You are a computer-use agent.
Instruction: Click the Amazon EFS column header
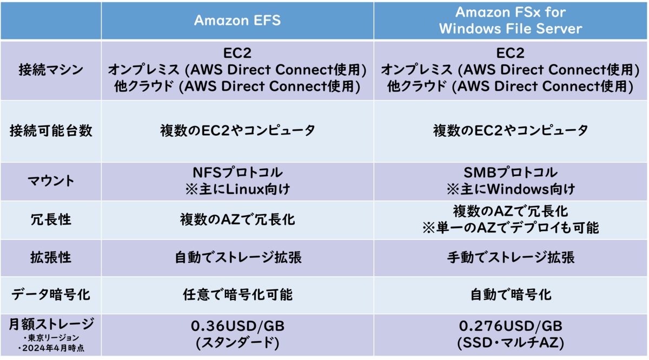(x=237, y=21)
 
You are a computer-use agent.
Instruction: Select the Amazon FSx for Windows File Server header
(x=510, y=21)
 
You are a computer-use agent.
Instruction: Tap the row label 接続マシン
(x=50, y=70)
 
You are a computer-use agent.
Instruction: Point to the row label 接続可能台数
(x=50, y=131)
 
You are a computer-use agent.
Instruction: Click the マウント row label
(x=50, y=181)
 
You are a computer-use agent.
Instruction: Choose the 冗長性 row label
(x=50, y=220)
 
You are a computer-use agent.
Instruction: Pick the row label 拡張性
(x=50, y=257)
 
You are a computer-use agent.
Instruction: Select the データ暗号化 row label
(x=50, y=295)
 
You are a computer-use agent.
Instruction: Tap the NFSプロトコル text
(x=237, y=173)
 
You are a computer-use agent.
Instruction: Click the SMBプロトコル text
(x=510, y=173)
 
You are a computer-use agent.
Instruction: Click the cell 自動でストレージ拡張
(x=237, y=257)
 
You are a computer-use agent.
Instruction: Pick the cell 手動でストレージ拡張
(x=510, y=257)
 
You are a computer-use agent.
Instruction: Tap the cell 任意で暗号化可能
(x=237, y=295)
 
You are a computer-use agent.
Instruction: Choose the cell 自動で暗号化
(x=510, y=295)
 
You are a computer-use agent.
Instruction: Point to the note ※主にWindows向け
(x=510, y=190)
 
